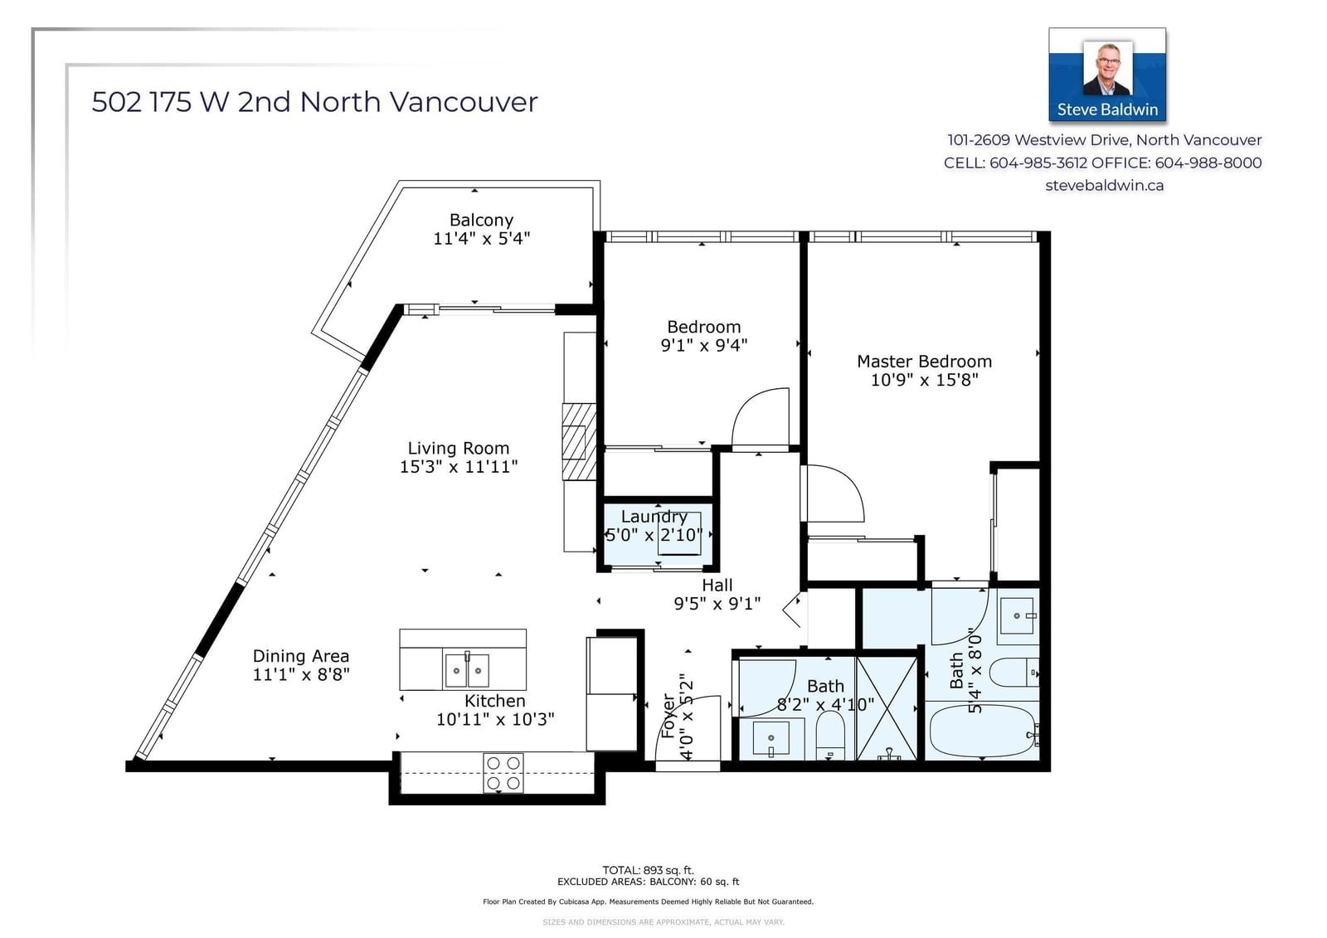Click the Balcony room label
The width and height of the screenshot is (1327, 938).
click(x=481, y=220)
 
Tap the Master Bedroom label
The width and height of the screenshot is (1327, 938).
click(x=924, y=361)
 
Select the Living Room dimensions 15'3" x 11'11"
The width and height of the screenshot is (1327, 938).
click(x=459, y=466)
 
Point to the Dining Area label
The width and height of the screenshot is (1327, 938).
click(x=301, y=656)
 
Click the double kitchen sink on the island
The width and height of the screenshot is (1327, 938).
click(x=467, y=670)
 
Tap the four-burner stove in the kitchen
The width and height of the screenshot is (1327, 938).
click(x=503, y=773)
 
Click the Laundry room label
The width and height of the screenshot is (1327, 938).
click(x=654, y=517)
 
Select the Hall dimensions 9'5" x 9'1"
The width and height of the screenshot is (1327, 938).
click(x=717, y=603)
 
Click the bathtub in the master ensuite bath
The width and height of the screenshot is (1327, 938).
click(x=982, y=730)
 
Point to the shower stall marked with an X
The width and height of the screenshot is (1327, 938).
click(x=887, y=709)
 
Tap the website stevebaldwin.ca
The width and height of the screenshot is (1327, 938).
click(x=1104, y=186)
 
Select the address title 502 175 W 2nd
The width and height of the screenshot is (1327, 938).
click(x=191, y=102)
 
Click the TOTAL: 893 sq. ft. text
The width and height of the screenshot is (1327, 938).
click(x=648, y=871)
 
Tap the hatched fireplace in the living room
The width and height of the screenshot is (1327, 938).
click(x=579, y=442)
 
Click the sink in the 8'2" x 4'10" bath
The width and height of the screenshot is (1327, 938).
click(x=770, y=739)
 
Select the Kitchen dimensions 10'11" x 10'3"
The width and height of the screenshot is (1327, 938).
click(x=495, y=719)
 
